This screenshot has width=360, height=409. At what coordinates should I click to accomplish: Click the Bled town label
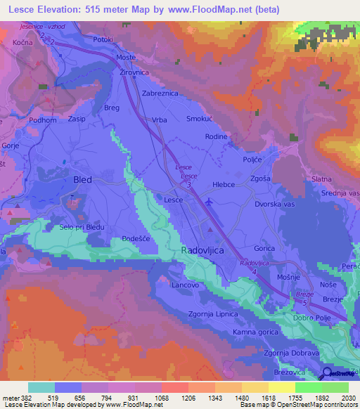pos(82,180)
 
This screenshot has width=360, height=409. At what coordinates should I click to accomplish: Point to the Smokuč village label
pos(200,120)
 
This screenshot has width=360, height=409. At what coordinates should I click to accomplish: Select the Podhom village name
pos(42,120)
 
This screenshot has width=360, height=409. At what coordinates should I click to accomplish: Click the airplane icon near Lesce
pos(210,202)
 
